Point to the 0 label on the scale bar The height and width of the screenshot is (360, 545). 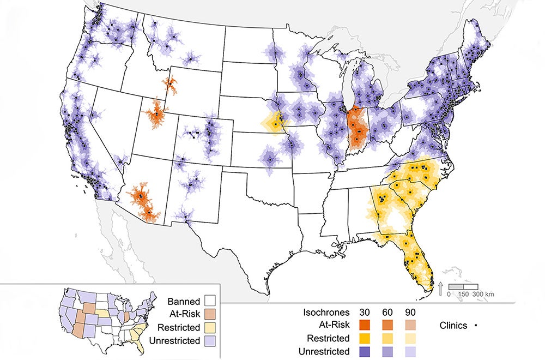tap(449, 295)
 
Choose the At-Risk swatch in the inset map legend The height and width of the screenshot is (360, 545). tap(210, 315)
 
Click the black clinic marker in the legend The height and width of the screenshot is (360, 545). tap(476, 326)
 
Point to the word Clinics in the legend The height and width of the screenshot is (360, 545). tap(453, 326)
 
